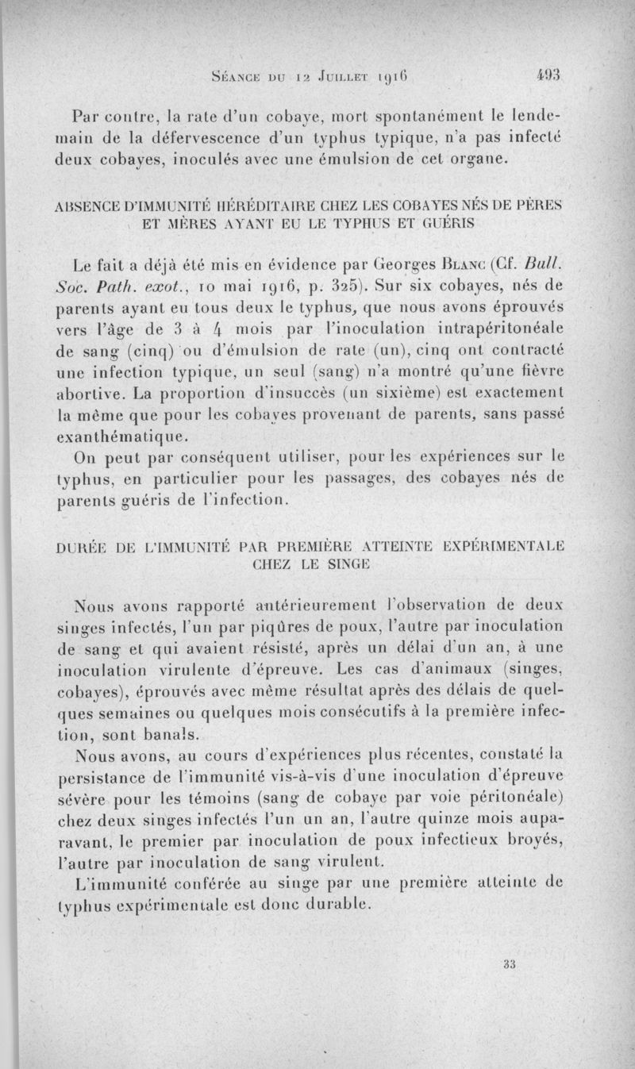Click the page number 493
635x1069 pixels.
[548, 75]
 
